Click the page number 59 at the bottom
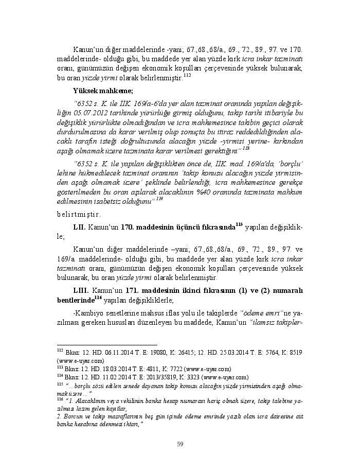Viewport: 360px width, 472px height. pos(180,444)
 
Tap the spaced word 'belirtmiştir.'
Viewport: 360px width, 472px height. pos(79,214)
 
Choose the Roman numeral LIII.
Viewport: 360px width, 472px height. pos(82,291)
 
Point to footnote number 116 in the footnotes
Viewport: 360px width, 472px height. pos(60,399)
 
